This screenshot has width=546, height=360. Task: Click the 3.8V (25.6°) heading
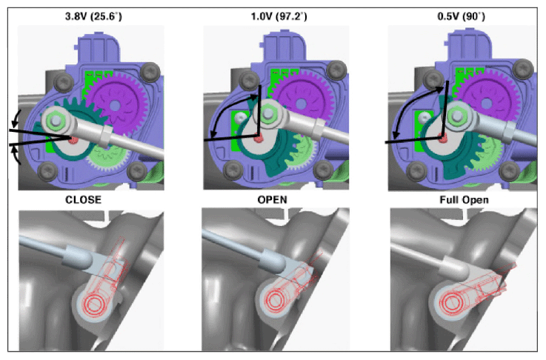tap(93, 16)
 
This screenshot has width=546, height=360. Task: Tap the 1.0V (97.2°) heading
tap(279, 16)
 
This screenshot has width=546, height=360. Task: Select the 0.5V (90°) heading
tap(462, 16)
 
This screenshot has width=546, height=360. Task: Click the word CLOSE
tap(84, 200)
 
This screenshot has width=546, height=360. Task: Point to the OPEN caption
tap(273, 200)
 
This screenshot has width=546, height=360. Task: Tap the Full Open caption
tap(465, 200)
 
